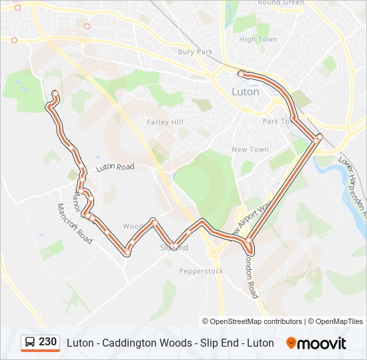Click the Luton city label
coord(245,92)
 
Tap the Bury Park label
coord(195,52)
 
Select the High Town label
coord(258,39)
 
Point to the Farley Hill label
coord(164,122)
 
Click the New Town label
coord(250,149)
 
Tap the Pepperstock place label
coord(201,271)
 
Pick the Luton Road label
coord(115,167)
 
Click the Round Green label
coord(280,3)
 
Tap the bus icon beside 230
coord(30,342)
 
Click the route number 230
coord(48,342)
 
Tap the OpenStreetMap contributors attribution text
coord(252,321)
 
